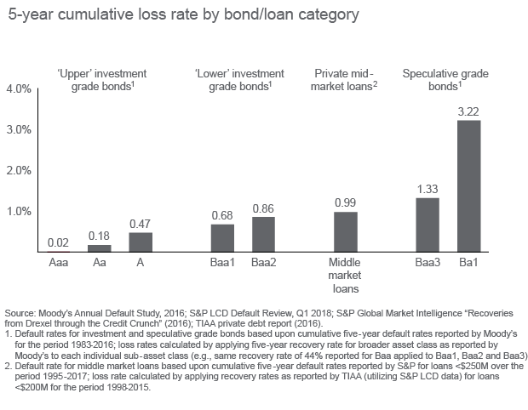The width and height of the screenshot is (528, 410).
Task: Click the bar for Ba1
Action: tap(469, 185)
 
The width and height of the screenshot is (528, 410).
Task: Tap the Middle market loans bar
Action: tap(346, 231)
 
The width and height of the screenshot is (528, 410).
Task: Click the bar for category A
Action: tap(141, 242)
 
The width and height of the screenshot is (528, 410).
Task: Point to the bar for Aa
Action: tap(100, 248)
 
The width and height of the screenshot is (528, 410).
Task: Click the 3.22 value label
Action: tap(469, 111)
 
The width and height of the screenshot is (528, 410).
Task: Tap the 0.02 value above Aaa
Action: tap(59, 242)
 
